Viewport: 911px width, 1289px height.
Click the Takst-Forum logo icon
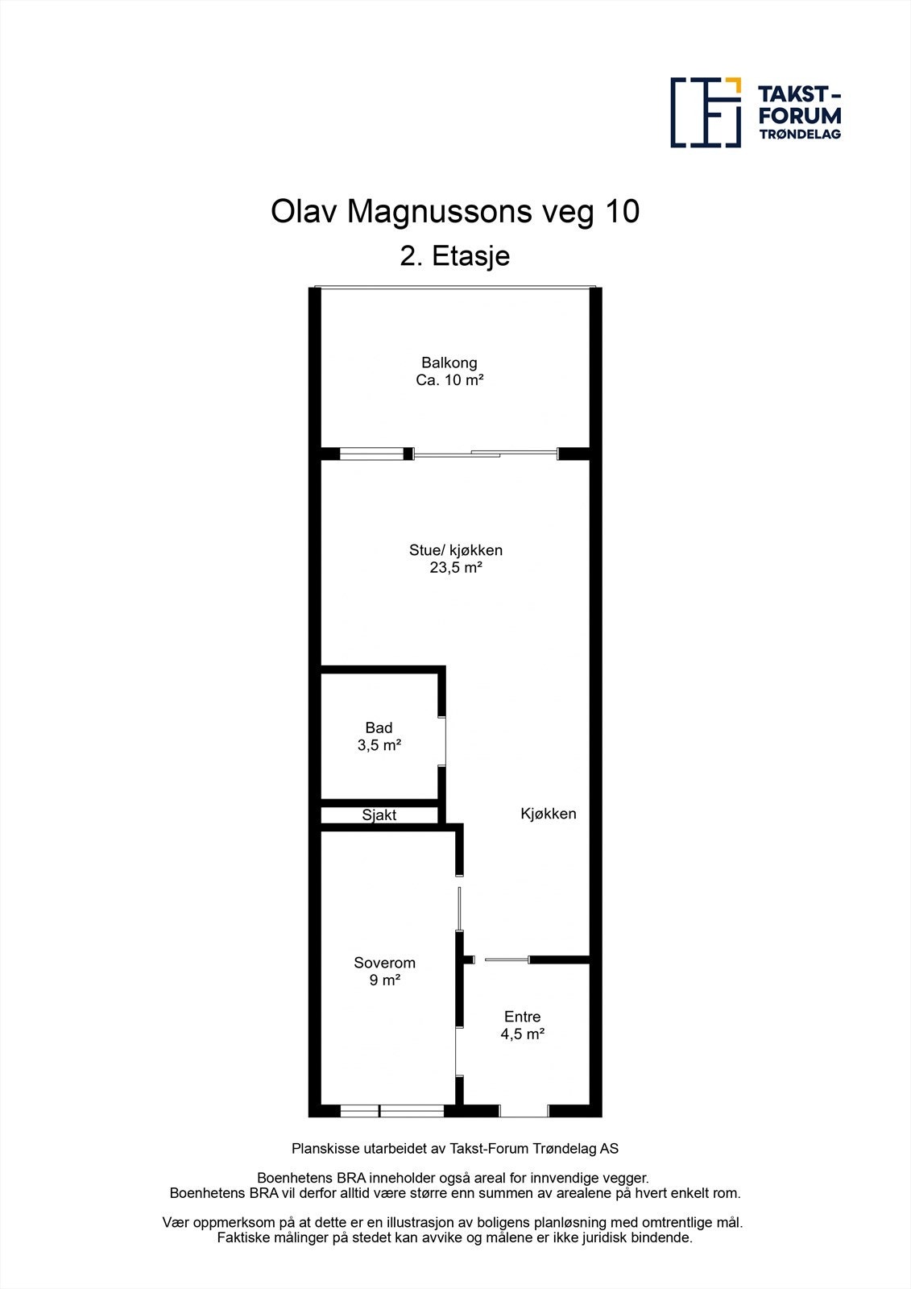pos(706,112)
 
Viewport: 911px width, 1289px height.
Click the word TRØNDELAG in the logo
pos(800,135)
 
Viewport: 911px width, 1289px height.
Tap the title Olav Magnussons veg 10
pos(455,212)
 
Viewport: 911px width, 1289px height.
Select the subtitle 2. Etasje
pos(455,256)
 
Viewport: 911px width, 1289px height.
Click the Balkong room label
pos(449,363)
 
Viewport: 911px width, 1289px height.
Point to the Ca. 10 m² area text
pos(449,380)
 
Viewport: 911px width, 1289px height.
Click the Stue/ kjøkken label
pos(456,550)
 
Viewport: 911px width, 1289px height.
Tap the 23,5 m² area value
pos(456,568)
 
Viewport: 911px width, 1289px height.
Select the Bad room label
pos(379,727)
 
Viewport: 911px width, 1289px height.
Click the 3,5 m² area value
pos(379,745)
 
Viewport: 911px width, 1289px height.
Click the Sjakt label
pos(379,814)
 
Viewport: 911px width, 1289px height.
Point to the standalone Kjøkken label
pos(548,814)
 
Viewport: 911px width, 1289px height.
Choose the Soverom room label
pos(385,963)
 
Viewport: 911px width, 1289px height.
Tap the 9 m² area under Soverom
pos(385,980)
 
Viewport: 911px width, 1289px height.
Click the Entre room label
pos(522,1017)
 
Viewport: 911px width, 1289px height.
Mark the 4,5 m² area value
pos(522,1034)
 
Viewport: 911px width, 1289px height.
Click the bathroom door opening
pos(443,740)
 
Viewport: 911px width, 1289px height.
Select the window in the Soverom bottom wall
pos(391,1111)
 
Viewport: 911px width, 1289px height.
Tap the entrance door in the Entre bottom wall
pos(524,1111)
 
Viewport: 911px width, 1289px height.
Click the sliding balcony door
pos(486,454)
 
